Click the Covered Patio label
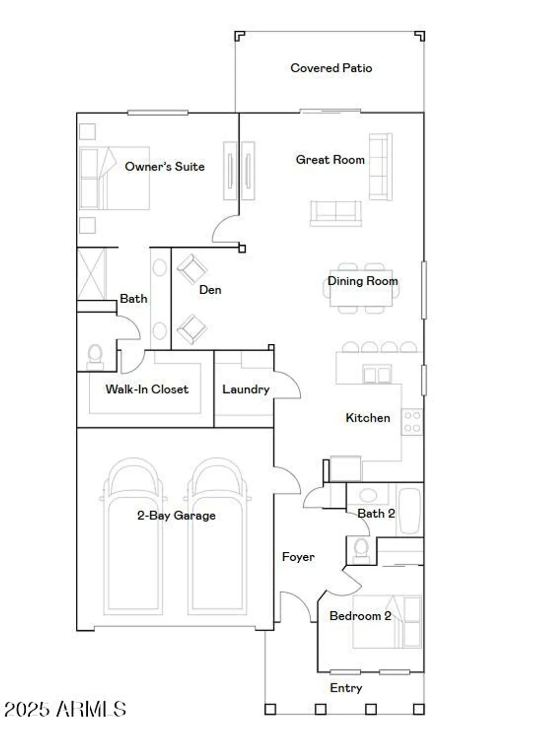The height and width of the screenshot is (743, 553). point(331,68)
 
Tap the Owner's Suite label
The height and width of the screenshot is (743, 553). point(165,166)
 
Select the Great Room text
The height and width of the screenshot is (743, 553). point(330,159)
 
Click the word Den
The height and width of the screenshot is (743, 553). point(210,290)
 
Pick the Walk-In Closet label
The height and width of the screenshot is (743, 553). point(147,389)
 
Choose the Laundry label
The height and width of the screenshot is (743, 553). point(246,389)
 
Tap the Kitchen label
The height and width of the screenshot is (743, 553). point(368,418)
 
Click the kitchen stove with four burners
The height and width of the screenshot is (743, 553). point(412,421)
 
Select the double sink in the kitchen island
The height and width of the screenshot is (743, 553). point(377,374)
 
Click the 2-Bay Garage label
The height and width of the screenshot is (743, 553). point(176,516)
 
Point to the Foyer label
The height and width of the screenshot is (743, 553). point(298,557)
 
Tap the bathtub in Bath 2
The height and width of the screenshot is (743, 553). point(409,510)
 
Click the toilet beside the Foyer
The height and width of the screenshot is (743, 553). point(361,550)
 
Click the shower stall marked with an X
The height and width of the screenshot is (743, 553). point(92,274)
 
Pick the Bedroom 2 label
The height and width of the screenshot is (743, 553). point(360,616)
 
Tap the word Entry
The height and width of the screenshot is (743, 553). point(346,688)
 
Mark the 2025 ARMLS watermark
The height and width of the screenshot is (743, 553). point(65,709)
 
